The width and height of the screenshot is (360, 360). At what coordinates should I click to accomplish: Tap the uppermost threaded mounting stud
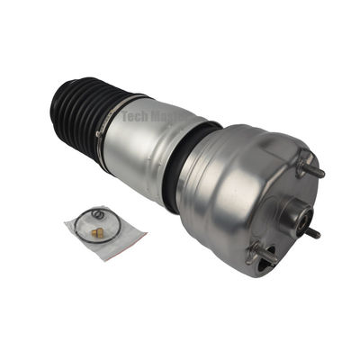coord(314,170)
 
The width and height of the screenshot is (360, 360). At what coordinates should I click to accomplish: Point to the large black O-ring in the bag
coord(85,221)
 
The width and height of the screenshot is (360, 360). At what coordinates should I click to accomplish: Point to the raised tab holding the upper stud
coord(300,166)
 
